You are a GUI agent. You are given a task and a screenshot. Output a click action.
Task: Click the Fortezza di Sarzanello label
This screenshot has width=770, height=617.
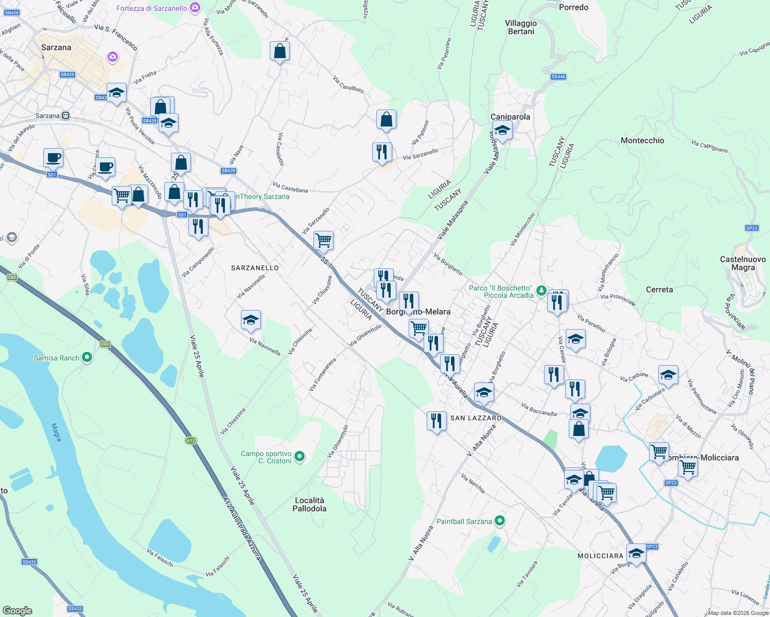[152, 8]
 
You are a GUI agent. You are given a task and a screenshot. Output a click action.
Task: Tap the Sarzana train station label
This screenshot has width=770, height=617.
[48, 116]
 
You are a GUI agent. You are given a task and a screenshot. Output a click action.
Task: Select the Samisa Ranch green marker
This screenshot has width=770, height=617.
[87, 357]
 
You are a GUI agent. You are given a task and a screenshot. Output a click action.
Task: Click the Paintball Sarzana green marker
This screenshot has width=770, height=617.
[499, 521]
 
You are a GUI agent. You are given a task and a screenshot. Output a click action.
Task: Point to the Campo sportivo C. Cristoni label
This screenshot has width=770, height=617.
[267, 457]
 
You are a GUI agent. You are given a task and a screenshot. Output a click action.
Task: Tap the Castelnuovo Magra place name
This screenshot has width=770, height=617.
[743, 263]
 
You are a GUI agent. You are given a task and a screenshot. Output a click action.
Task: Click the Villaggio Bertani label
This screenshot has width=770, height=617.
[521, 27]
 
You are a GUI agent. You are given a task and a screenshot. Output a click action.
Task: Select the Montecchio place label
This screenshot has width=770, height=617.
[642, 140]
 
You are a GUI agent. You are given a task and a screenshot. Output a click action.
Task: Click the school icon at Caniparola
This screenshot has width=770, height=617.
[502, 130]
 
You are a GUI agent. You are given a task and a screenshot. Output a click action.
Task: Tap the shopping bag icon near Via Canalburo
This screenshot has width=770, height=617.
[386, 120]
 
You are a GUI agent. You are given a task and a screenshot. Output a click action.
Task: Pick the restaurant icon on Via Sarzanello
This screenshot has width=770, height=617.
[382, 152]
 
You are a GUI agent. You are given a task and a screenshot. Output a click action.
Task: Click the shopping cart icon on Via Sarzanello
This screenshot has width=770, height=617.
[323, 240]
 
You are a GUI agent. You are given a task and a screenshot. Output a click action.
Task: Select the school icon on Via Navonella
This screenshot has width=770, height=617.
[251, 320]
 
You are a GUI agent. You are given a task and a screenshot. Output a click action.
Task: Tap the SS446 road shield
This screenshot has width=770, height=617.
[558, 77]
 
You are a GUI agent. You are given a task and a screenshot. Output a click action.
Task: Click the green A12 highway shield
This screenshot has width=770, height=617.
[191, 441]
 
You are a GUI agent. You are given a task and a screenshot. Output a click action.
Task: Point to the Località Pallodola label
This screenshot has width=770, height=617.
[309, 504]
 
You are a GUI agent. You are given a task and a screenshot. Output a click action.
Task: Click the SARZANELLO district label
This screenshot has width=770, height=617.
[255, 268]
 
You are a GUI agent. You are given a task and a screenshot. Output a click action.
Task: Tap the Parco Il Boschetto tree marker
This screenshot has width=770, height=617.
[541, 291]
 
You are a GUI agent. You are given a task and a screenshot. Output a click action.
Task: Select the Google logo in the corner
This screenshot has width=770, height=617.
[17, 610]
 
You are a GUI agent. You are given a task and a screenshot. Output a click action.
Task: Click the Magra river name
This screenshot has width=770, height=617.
[56, 432]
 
